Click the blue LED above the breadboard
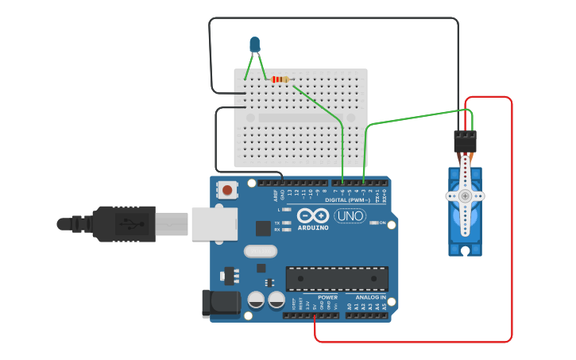pos(254,45)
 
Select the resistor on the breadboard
pos(280,79)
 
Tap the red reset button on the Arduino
pos(228,190)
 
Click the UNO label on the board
pos(350,215)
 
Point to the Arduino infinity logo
pos(313,215)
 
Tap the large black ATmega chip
pos(337,279)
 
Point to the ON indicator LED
pos(373,223)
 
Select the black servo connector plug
pos(465,141)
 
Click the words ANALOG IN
pos(370,297)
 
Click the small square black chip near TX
pos(263,228)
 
